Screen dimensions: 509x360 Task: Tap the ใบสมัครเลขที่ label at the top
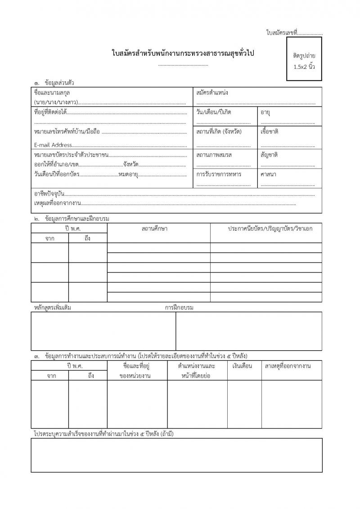282,33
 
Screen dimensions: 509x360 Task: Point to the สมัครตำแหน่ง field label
212,93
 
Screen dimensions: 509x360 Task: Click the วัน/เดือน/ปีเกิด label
214,111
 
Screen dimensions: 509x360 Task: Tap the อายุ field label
265,111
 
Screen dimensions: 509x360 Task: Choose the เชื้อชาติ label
270,132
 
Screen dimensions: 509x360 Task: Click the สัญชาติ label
269,155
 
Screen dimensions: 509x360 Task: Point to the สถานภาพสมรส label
214,155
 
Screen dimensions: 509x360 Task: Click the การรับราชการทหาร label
219,174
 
